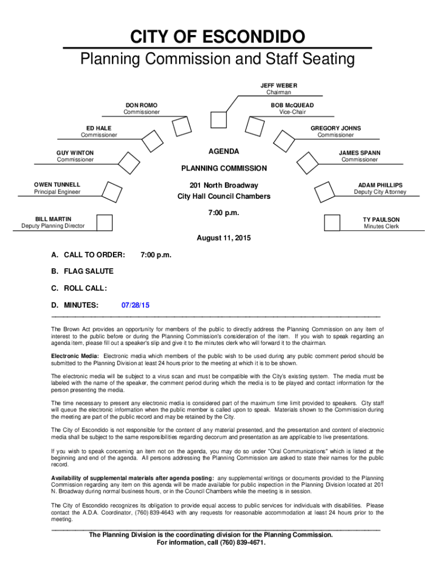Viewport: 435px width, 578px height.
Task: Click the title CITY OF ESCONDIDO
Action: tap(217, 38)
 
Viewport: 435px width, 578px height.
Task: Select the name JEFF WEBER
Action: tap(279, 85)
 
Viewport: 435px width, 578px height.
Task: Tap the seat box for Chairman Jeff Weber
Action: tap(218, 120)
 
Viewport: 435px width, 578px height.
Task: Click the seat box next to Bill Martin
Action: tap(105, 222)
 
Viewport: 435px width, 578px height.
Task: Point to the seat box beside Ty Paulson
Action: tap(332, 222)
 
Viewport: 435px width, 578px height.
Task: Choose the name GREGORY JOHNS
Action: tap(336, 128)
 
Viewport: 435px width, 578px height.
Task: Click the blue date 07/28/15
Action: tap(136, 305)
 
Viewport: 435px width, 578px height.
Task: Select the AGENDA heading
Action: tap(224, 151)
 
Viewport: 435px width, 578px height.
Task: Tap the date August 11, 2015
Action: tap(224, 238)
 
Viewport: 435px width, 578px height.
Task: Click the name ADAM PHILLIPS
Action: tap(380, 185)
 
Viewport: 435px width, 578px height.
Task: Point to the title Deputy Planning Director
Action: tap(53, 226)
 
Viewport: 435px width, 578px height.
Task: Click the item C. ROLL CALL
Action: tap(79, 288)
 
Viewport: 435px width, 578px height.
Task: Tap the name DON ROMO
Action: tap(142, 106)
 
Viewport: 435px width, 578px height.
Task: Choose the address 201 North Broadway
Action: tap(224, 186)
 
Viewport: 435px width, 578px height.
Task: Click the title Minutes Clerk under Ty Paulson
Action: tap(381, 226)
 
